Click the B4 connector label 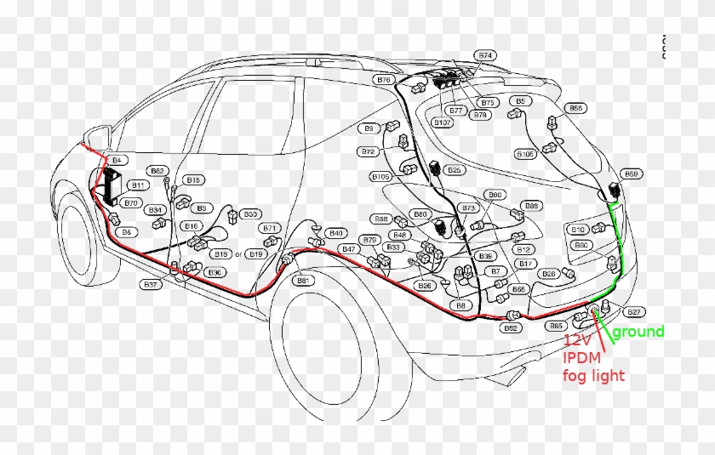tap(117, 160)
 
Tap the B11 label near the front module tap(135, 185)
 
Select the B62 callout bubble tap(157, 171)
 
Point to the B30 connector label tap(250, 214)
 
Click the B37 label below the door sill tap(151, 284)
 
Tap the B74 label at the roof tap(485, 55)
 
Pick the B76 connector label tap(384, 79)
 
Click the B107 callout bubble tap(442, 122)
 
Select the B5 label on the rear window tap(519, 101)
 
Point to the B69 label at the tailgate tap(631, 174)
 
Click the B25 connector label tap(455, 170)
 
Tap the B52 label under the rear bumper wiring tap(511, 327)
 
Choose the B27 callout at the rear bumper tap(634, 311)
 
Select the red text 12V tap(578, 341)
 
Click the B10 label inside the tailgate tap(578, 230)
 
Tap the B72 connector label tap(368, 151)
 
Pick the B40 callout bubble tap(336, 233)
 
